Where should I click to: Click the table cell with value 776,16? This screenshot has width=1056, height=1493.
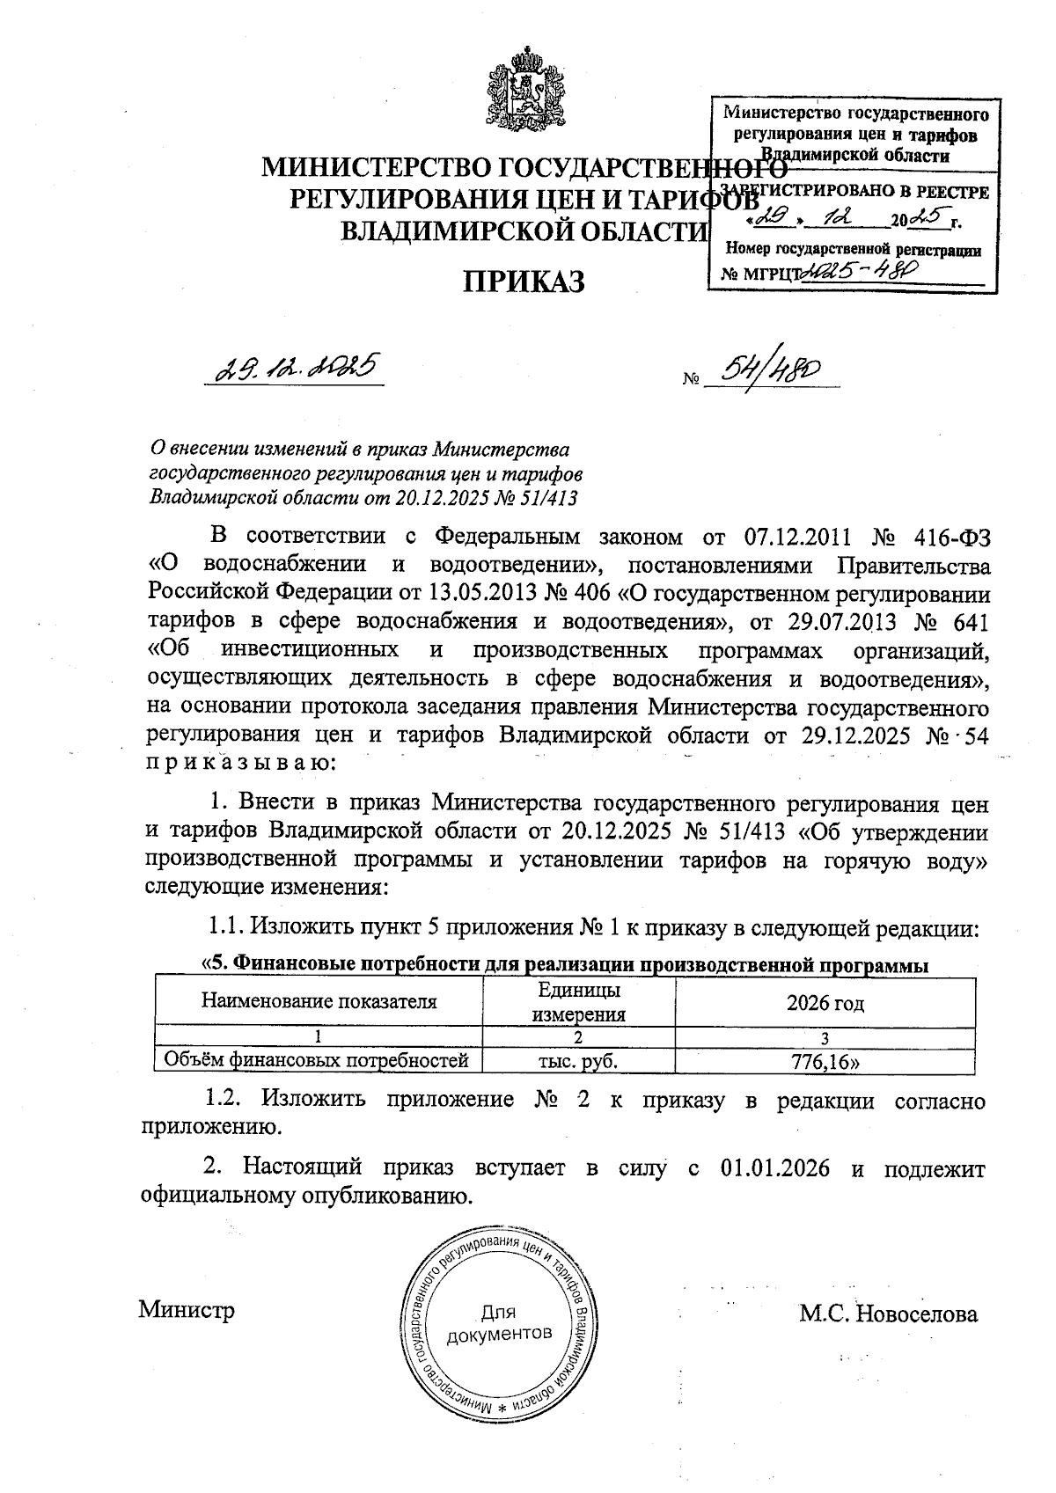click(825, 1061)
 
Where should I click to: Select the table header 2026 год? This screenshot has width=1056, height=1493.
click(825, 1003)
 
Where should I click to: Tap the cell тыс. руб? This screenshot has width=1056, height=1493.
click(578, 1061)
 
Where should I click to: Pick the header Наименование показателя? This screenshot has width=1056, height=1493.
click(319, 1001)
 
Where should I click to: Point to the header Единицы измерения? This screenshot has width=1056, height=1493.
click(578, 1002)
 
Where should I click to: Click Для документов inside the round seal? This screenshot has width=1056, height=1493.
click(500, 1323)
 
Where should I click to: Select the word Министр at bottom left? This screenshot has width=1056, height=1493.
click(187, 1310)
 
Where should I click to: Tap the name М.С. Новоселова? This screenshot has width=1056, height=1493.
click(888, 1314)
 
